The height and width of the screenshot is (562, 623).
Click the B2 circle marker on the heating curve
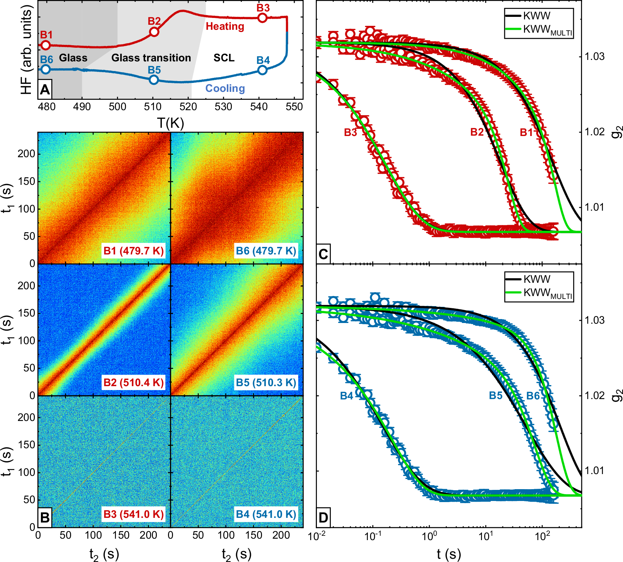point(154,32)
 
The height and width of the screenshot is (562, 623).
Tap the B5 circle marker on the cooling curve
point(154,80)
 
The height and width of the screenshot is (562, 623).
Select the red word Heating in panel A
point(225,27)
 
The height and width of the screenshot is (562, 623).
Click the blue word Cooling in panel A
point(225,88)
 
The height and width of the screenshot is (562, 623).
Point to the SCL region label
point(224,58)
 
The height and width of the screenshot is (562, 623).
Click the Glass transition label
point(151,58)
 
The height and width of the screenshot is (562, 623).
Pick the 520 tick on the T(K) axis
point(188,107)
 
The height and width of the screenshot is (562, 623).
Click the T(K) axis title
point(170,123)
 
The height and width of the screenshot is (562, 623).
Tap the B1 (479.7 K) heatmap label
point(133,250)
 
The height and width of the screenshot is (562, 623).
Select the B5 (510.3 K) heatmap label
point(266,383)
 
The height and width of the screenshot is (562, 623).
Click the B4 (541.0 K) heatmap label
point(266,514)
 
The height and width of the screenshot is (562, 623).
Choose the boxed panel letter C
point(323,254)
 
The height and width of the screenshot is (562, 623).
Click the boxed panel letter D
point(323,517)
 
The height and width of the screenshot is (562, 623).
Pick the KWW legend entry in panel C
point(537,16)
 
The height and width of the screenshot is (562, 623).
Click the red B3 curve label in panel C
point(350,132)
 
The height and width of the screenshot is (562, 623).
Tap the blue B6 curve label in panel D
point(533,396)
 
